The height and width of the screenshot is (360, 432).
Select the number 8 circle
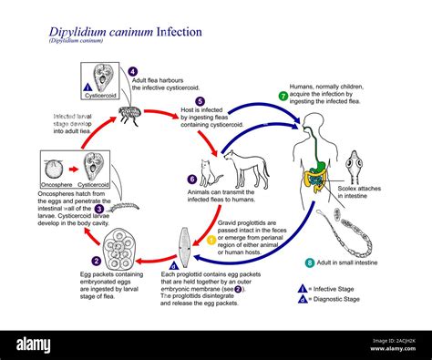point(310,262)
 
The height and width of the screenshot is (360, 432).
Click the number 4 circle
point(132,71)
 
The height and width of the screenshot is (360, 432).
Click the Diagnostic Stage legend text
point(339,298)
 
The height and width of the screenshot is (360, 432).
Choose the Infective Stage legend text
point(334,286)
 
